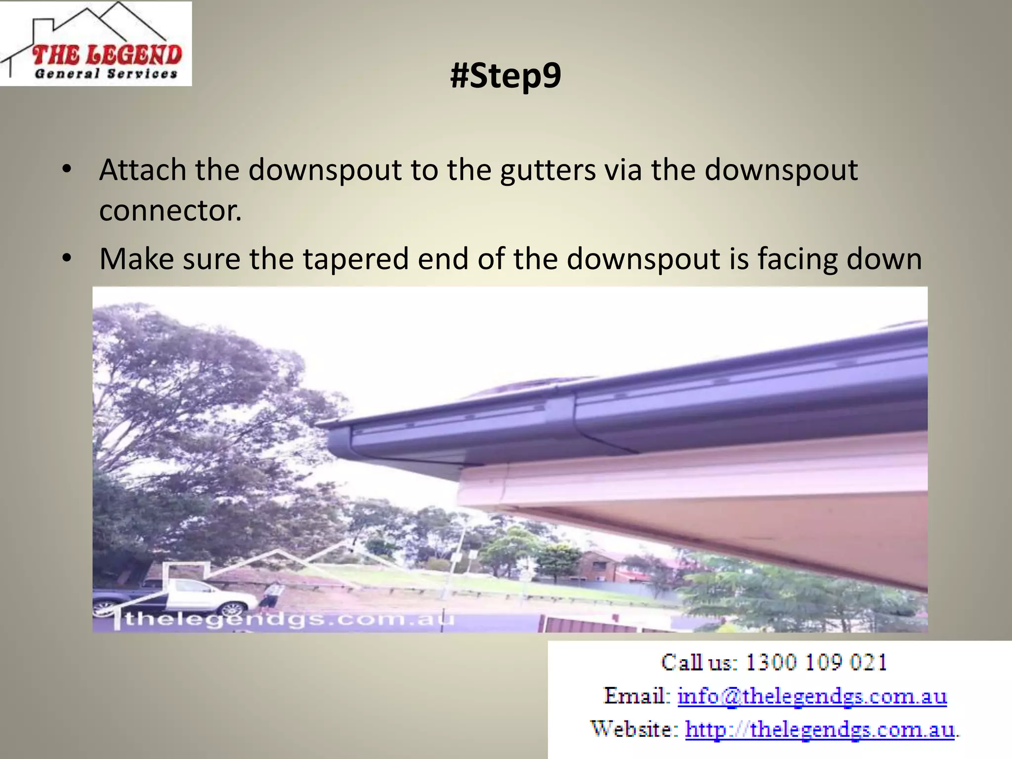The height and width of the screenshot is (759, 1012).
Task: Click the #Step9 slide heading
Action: (506, 76)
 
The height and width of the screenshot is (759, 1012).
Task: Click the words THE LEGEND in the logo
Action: (107, 55)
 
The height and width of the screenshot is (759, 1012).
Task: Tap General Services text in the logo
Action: (106, 74)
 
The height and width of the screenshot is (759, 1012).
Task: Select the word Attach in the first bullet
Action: (142, 170)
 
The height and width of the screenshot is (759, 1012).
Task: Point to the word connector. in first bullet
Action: (170, 211)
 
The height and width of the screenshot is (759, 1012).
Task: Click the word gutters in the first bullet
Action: (548, 170)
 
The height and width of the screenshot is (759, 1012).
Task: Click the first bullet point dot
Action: (67, 169)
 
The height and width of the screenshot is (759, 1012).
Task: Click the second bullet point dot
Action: (67, 258)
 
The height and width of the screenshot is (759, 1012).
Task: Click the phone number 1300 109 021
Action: (816, 662)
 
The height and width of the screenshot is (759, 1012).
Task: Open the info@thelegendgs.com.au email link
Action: (812, 696)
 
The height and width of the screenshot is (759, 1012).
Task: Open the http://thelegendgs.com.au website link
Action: (820, 729)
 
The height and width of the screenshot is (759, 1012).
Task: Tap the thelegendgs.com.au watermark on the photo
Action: (287, 619)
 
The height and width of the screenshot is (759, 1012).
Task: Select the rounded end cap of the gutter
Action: (339, 443)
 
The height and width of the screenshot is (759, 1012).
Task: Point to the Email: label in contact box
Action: (636, 696)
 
